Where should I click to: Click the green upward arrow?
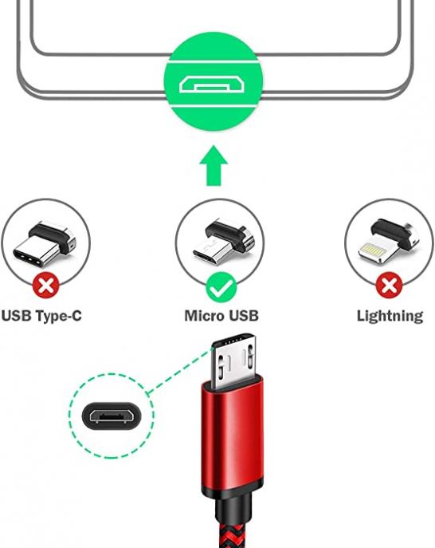[214, 167]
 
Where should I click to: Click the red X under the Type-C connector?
[45, 286]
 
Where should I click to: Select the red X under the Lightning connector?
[389, 286]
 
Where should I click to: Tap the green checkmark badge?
[221, 287]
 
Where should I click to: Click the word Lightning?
[390, 317]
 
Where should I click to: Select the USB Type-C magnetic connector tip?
[45, 246]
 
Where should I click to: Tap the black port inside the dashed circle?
[112, 416]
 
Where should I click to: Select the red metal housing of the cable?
[232, 434]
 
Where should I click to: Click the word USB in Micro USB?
[243, 316]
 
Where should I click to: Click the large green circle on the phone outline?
[214, 81]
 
